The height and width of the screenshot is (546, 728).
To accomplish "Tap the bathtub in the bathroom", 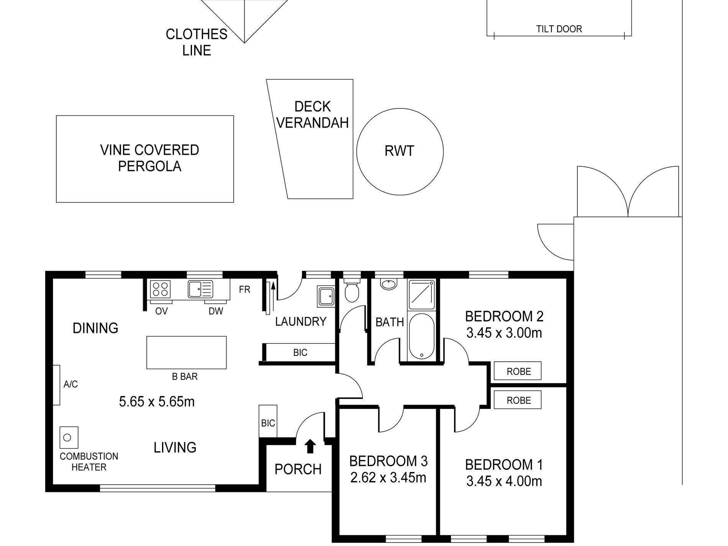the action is pos(421,336).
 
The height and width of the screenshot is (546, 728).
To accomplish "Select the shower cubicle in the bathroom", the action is pos(421,294).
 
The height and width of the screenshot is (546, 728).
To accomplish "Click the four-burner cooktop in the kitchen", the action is pos(161,289).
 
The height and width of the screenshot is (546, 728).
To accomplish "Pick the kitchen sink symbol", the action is pos(200,289).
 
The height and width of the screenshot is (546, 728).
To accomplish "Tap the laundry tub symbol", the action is pos(326,296).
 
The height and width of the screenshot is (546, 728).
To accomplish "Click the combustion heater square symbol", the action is pos(69,437).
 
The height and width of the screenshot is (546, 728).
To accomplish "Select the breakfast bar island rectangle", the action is pos(187,353).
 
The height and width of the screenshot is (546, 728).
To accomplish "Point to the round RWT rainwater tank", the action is pos(400,152).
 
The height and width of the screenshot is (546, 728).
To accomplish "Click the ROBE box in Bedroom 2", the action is pos(518,371).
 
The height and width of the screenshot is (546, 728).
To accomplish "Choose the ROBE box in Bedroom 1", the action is pos(518,400).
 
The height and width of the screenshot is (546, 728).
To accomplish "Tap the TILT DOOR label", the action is pos(559,29).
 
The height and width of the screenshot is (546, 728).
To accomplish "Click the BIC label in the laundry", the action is pos(300,353).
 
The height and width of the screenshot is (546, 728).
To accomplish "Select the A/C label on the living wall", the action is pos(71,384).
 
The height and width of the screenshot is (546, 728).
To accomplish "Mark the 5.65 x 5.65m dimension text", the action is pos(157,402).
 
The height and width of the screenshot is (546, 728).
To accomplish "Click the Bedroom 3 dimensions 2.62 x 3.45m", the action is pos(388,477).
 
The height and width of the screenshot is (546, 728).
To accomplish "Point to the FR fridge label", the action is pos(244,289).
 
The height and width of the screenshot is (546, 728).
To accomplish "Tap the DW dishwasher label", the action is pos(216,311).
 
